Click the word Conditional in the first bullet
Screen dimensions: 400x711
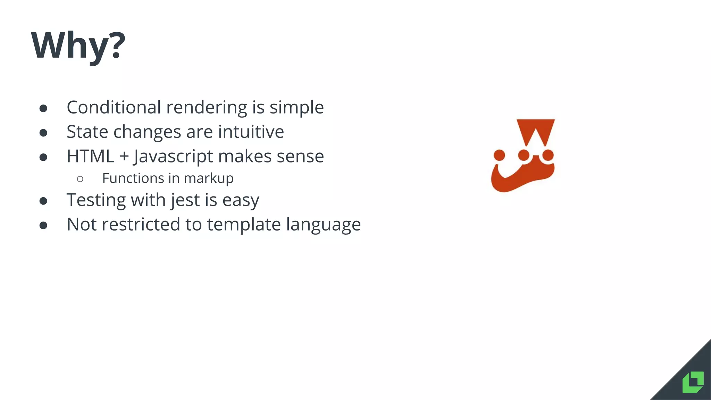point(114,107)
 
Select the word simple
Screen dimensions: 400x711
point(296,107)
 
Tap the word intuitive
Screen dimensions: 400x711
point(251,132)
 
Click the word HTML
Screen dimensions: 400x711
point(90,156)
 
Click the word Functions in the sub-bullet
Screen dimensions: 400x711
point(133,178)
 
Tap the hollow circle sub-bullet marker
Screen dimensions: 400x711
point(80,179)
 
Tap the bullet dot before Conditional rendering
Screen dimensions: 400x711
point(43,108)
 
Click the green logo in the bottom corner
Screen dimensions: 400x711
point(693,382)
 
